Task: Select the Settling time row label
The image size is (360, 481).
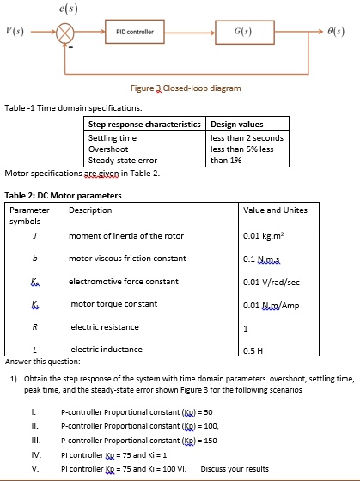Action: tap(113, 137)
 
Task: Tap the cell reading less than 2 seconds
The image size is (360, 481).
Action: tap(247, 137)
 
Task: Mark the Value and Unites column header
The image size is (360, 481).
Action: tap(275, 210)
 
